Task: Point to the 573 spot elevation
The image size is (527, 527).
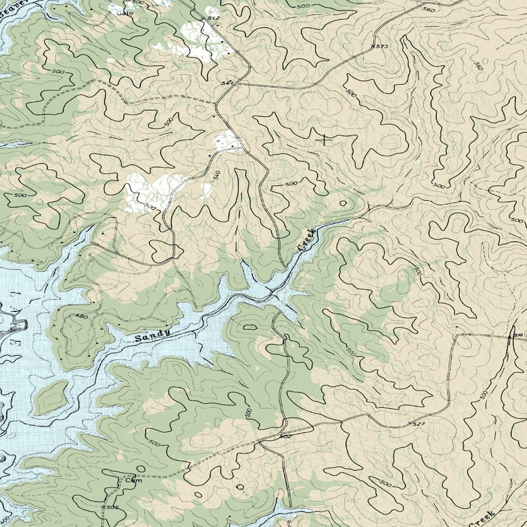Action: point(380,46)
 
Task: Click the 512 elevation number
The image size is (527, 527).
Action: point(213,18)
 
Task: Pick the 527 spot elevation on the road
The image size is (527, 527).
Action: point(417,423)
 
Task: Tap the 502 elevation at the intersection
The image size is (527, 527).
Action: point(285,436)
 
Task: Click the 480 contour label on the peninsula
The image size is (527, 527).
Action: point(82,316)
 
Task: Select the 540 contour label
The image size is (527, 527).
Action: point(216,175)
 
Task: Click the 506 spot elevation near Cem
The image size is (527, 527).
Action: point(112,507)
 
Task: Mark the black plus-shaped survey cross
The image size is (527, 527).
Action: point(324,139)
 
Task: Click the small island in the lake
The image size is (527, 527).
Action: point(50,398)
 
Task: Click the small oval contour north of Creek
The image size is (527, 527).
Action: point(343,203)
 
